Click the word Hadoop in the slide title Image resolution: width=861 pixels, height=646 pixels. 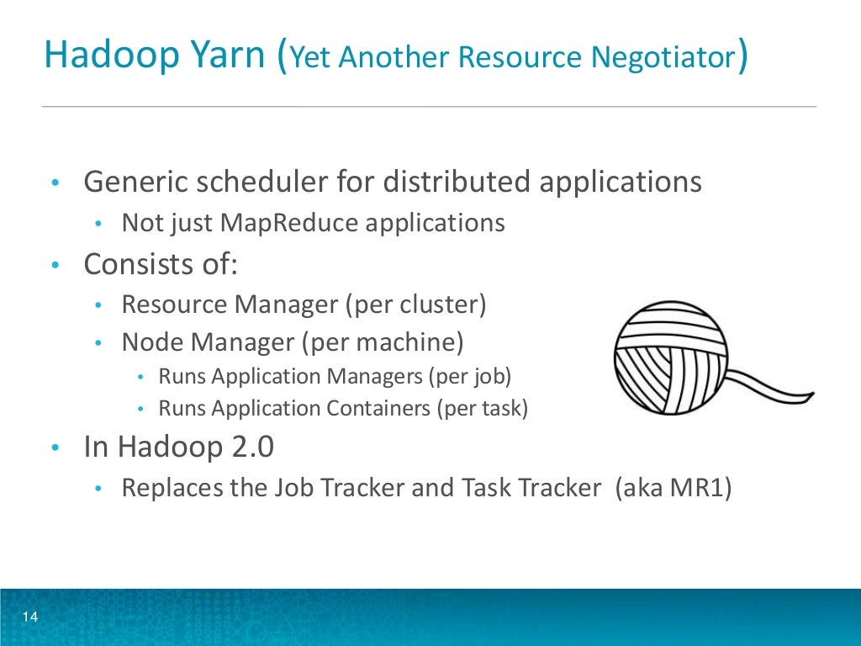tap(100, 56)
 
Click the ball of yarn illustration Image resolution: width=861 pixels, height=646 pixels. tap(669, 358)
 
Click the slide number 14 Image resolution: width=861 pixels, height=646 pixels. tap(30, 618)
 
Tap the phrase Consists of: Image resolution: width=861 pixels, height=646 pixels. tap(161, 264)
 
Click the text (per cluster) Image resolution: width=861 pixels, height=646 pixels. tap(415, 304)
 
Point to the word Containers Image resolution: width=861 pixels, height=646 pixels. tap(377, 409)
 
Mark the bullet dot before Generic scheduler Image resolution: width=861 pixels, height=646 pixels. tap(54, 183)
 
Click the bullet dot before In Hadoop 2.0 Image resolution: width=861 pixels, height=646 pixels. tap(54, 448)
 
